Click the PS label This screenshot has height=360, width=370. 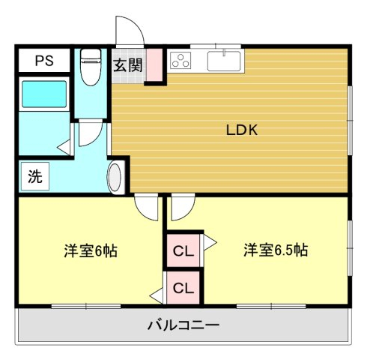pos(44,61)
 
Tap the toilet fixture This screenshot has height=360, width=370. pos(91,67)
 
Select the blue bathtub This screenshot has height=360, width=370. pos(44,94)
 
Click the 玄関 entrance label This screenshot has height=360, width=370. pos(128,65)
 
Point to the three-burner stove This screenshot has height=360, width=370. pos(181,60)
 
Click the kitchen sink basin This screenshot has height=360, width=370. pos(224,61)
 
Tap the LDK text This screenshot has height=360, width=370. pos(242,130)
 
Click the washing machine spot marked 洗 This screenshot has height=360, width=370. pos(35,176)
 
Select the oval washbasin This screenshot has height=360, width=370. pos(115,177)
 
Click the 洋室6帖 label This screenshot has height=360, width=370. pos(91,250)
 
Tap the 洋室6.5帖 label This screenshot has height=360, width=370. pos(276,250)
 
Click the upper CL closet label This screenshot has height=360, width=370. pos(184,251)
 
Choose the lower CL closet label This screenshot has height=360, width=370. pos(184,288)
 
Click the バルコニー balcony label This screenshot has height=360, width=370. pos(184,325)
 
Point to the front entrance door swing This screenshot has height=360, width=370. pos(130,31)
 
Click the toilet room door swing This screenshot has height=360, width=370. pos(91,133)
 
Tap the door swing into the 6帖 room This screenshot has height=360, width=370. pos(147,207)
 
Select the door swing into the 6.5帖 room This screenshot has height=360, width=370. pos(183,207)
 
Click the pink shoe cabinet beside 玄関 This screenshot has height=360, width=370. pos(154,65)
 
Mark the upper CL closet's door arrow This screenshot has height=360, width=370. pos(209,242)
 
